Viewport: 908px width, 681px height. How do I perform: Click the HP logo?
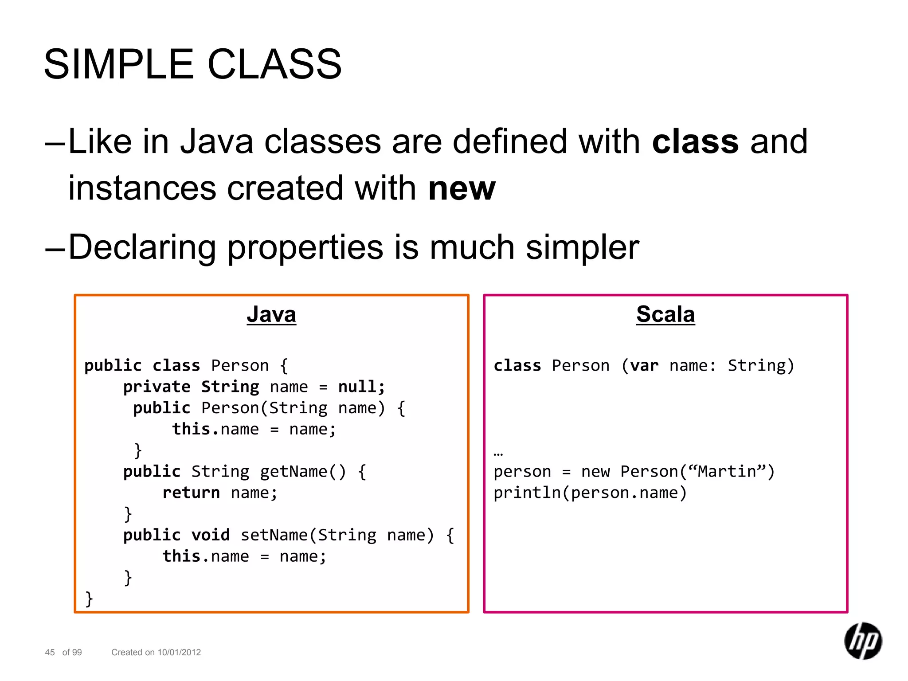click(863, 641)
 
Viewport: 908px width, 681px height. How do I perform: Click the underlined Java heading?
click(271, 314)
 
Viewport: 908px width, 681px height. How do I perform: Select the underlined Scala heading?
click(665, 314)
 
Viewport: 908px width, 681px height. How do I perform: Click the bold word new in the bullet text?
click(462, 188)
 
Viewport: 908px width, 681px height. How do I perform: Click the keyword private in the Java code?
click(157, 387)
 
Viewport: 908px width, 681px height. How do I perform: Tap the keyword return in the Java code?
click(191, 493)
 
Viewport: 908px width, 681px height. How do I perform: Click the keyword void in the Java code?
click(211, 535)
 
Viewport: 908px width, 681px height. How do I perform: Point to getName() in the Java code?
click(302, 471)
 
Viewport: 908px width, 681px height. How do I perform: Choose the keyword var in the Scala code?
click(644, 366)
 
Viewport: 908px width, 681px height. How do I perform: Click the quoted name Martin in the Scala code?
click(727, 471)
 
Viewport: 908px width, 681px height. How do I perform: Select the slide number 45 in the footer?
click(50, 652)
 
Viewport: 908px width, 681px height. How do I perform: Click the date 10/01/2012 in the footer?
click(179, 652)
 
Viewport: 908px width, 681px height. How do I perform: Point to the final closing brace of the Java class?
click(89, 599)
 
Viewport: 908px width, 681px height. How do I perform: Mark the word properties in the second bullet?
click(305, 247)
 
